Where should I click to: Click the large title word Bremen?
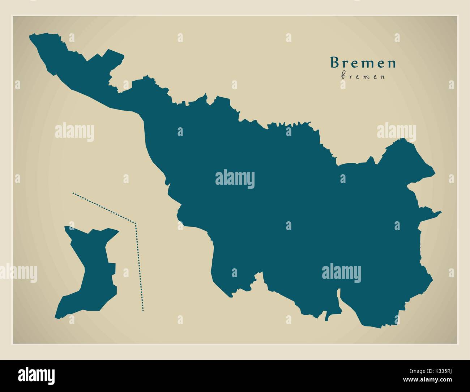[363, 63]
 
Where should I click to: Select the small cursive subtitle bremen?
[363, 76]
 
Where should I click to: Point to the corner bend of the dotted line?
[135, 223]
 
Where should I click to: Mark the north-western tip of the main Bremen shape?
[30, 36]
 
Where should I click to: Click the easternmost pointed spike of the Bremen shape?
[440, 212]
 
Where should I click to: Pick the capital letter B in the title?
[334, 63]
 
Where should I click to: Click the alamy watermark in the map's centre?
[235, 179]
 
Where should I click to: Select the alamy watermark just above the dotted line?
[74, 132]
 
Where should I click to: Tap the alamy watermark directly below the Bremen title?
[396, 132]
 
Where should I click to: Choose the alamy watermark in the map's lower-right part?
[341, 272]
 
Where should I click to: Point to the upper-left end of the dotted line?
[73, 193]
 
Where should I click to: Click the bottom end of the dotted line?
[143, 310]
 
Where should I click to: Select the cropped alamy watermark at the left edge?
[18, 272]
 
